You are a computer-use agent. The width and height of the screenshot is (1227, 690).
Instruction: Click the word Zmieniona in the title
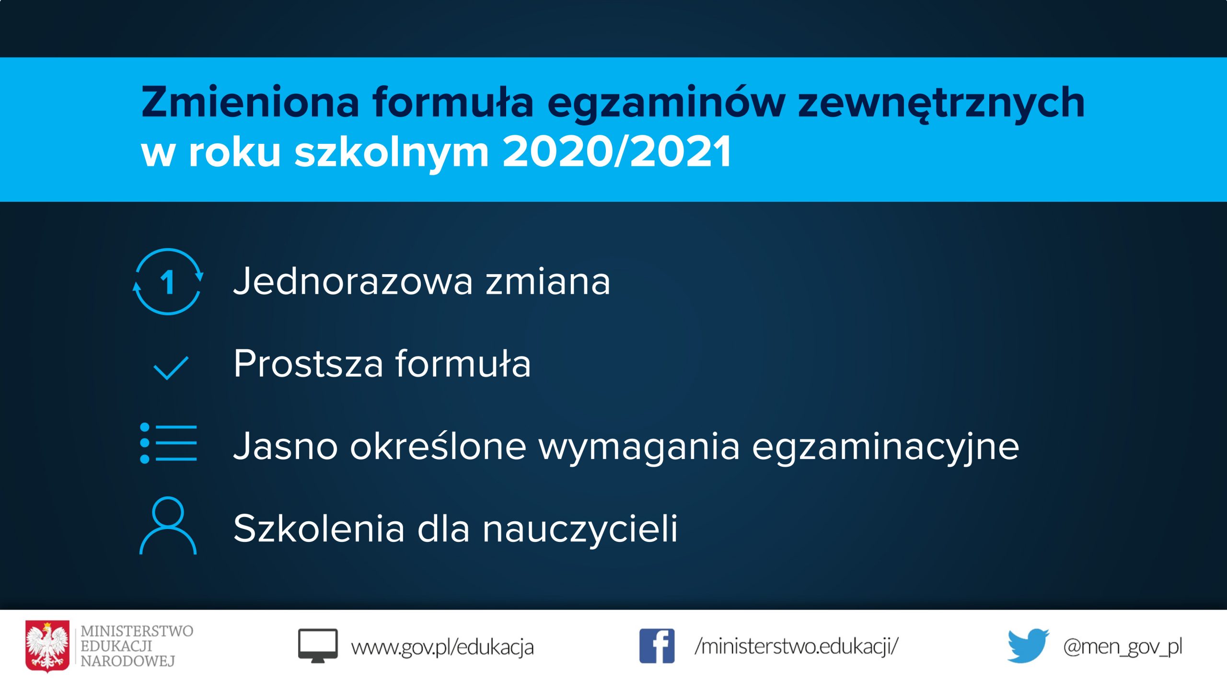click(250, 102)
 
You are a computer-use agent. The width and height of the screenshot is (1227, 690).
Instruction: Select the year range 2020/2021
click(617, 152)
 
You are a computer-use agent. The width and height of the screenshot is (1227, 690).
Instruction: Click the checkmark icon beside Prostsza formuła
click(171, 368)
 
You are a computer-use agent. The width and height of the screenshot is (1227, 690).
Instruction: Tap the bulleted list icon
click(168, 443)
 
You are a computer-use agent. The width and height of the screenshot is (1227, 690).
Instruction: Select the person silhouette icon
click(168, 525)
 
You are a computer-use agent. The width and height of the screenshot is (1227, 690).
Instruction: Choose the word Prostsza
click(308, 363)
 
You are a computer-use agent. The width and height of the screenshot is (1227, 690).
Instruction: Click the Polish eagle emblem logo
click(47, 646)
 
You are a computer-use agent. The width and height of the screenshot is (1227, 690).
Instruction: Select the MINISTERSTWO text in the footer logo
click(137, 631)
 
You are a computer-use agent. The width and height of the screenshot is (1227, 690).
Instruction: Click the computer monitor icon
click(318, 645)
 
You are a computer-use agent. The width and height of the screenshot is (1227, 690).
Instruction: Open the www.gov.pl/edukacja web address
click(442, 647)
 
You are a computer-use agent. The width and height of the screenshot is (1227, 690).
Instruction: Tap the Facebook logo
click(657, 646)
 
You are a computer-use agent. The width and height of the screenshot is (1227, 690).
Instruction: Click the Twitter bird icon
click(1028, 645)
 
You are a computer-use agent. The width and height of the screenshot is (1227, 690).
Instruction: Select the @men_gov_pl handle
click(1123, 647)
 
